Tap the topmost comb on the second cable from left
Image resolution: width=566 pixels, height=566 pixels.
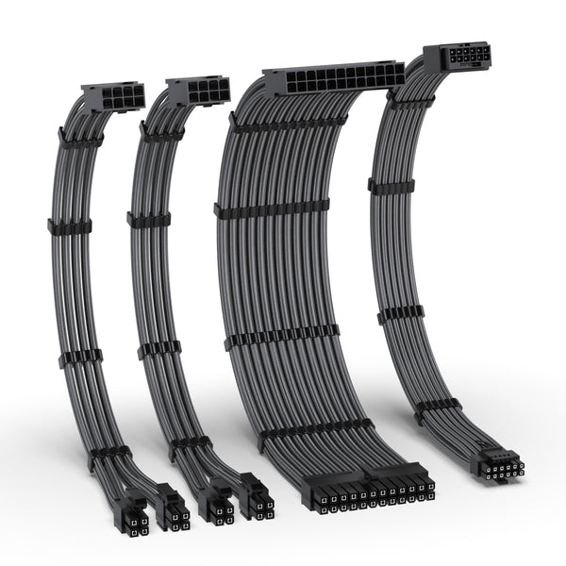[160, 133]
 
